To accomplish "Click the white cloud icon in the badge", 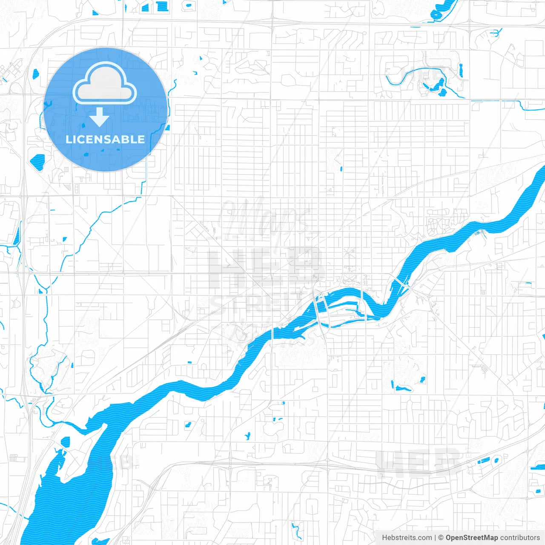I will click(105, 83).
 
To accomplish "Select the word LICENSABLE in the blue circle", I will click(105, 139).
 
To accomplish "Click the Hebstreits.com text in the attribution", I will click(407, 538).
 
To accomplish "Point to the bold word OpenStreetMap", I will click(471, 538).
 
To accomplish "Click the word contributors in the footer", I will click(519, 538).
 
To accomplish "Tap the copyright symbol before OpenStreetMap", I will click(441, 538).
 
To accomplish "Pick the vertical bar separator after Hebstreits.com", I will click(435, 538).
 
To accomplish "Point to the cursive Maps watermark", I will click(264, 219).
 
